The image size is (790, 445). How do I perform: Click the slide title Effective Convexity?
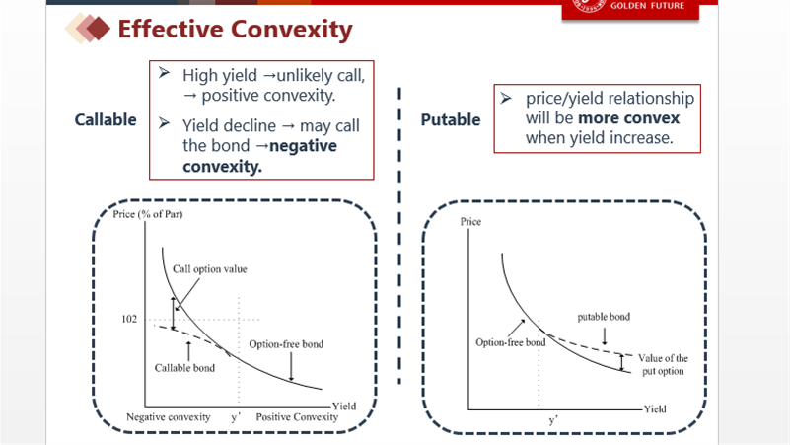[x=235, y=30]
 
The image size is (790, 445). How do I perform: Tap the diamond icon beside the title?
[x=88, y=29]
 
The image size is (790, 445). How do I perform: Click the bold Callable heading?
[x=106, y=120]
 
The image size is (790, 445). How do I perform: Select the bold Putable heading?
[x=451, y=120]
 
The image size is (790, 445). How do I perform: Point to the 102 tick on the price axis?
[x=129, y=319]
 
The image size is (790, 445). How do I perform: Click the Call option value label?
[x=210, y=269]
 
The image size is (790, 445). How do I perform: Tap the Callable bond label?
[x=184, y=368]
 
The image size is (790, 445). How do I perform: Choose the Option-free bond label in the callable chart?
[x=286, y=344]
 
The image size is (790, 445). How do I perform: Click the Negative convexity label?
[x=169, y=417]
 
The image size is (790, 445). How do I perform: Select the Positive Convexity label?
[x=297, y=417]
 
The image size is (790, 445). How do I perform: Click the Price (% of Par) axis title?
[x=148, y=214]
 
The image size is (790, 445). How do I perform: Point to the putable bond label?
[x=604, y=317]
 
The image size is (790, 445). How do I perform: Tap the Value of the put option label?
[x=663, y=364]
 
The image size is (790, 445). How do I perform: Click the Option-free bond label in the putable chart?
[x=510, y=342]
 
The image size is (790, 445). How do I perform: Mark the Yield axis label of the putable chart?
[x=655, y=409]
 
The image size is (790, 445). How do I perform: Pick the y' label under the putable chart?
[x=553, y=420]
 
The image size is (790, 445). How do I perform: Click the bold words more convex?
[x=629, y=118]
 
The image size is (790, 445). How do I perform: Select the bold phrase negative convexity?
[x=260, y=156]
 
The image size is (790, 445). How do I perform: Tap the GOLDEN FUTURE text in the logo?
[x=647, y=6]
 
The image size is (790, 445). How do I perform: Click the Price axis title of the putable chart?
[x=470, y=222]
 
